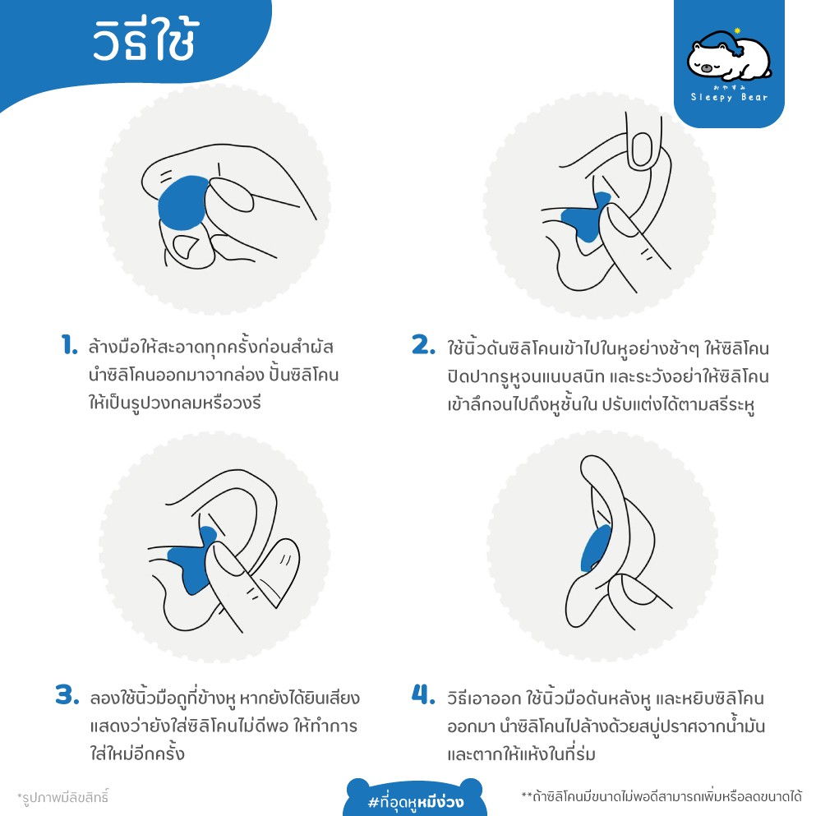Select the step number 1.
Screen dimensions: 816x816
(69, 346)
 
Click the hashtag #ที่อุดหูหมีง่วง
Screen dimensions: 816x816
(416, 796)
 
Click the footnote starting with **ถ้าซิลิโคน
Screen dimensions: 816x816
(662, 796)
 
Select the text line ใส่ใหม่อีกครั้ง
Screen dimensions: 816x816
(137, 754)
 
